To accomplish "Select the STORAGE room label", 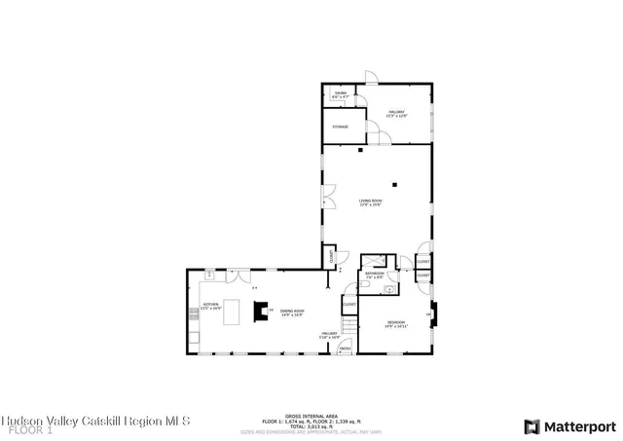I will [340, 127].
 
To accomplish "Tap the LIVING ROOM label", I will [370, 202].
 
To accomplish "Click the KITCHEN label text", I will [210, 306].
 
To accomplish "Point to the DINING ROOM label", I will [292, 313].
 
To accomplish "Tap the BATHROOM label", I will [375, 276].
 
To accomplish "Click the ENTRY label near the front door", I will [345, 348].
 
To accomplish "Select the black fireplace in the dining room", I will [260, 311].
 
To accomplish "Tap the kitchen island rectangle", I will [233, 312].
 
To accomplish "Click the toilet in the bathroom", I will [388, 289].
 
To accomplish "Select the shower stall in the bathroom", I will [373, 261].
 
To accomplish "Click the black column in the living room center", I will [395, 185].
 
